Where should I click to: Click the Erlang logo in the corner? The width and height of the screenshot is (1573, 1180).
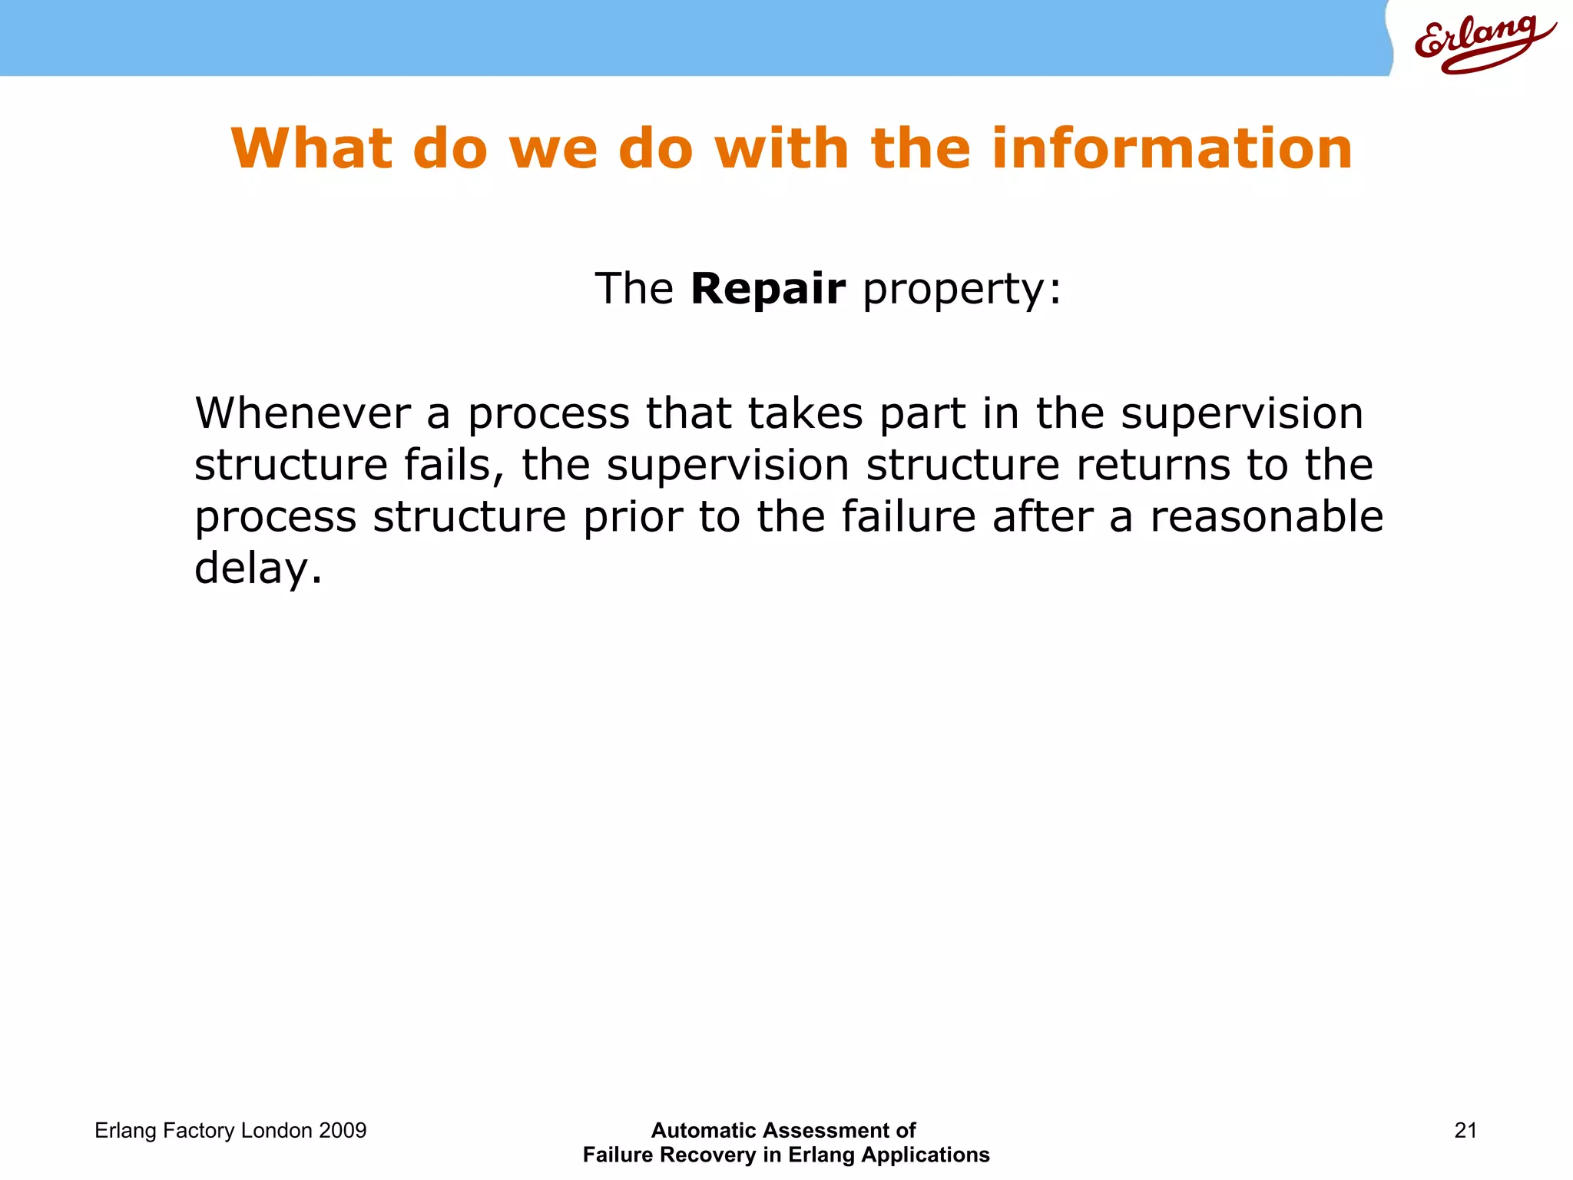coord(1482,42)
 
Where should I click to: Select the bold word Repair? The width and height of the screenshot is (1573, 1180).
coord(767,289)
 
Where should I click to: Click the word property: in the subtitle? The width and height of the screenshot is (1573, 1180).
coord(962,290)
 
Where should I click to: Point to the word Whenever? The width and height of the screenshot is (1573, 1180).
coord(302,413)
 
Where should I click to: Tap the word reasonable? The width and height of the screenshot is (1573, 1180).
coord(1266,516)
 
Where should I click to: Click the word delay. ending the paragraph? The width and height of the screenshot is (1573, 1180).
coord(258,568)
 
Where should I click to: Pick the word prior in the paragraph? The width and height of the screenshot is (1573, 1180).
coord(632,516)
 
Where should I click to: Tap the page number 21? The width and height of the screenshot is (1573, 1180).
coord(1465,1130)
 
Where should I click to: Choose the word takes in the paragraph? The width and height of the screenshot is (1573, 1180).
coord(805,413)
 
